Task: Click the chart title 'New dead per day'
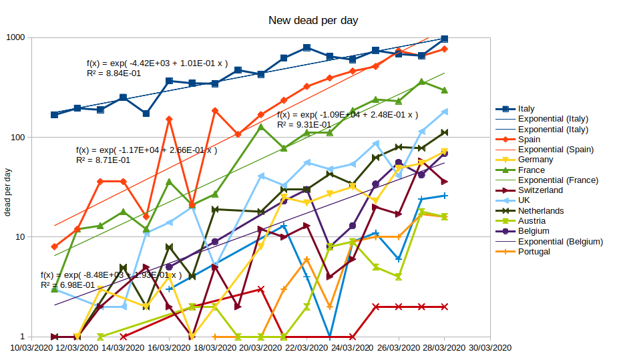point(313,21)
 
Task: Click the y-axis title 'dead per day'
point(9,193)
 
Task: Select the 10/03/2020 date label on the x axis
point(31,347)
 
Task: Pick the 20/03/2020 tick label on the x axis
point(260,347)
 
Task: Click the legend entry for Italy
point(526,109)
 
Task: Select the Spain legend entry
point(530,140)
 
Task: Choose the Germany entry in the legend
point(535,160)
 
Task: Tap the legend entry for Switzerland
point(540,190)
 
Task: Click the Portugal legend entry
point(534,251)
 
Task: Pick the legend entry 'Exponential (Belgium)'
point(560,241)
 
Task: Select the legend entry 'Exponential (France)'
point(558,180)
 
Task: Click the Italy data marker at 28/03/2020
point(445,39)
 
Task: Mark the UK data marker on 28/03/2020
point(445,112)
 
